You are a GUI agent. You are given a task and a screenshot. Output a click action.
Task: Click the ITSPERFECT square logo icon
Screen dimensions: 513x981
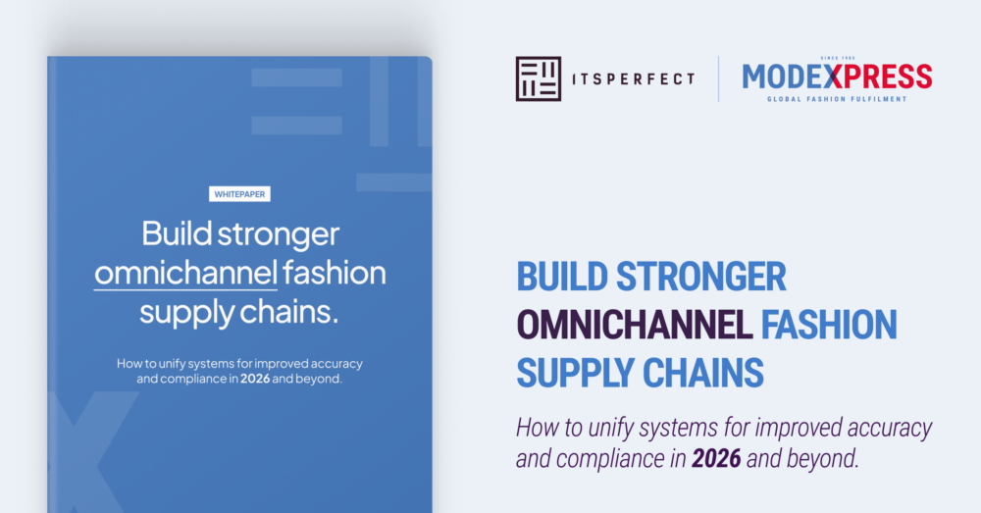point(539,78)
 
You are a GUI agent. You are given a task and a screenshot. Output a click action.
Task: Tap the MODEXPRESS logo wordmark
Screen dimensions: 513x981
point(837,76)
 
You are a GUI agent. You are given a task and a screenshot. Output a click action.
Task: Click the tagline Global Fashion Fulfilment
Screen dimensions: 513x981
point(837,99)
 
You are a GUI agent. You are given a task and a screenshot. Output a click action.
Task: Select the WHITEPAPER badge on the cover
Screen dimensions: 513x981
point(240,194)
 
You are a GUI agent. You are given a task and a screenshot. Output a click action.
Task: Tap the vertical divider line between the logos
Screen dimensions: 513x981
point(718,78)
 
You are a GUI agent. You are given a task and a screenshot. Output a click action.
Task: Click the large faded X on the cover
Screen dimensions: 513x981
point(83,451)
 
